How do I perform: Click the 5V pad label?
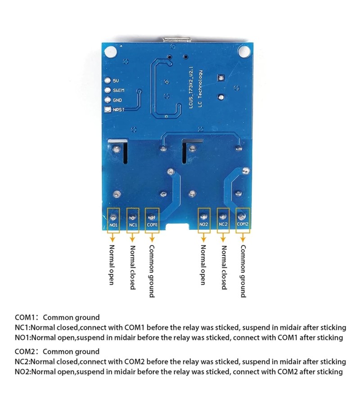116,81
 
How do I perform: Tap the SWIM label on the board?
118,90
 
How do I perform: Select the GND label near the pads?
117,100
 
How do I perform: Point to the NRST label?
119,110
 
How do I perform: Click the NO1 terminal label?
113,224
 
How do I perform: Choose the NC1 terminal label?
133,224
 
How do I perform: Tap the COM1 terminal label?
152,224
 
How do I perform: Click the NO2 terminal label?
203,224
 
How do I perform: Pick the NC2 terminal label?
223,224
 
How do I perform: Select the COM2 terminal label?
243,224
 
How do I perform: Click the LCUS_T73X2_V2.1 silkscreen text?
191,88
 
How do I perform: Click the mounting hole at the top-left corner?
110,52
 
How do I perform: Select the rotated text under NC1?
133,267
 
